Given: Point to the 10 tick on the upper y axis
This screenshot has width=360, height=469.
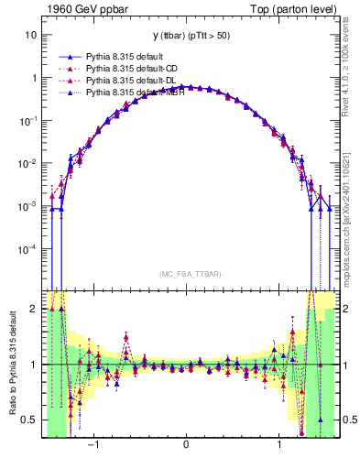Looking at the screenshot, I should tap(30, 35).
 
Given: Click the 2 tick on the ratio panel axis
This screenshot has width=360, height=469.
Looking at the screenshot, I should tap(34, 310).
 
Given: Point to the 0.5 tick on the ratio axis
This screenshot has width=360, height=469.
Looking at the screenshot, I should tap(30, 420).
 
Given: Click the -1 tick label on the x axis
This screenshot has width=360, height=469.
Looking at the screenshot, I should tap(93, 445).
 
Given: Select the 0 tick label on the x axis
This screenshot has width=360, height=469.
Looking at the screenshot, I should tap(187, 445).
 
